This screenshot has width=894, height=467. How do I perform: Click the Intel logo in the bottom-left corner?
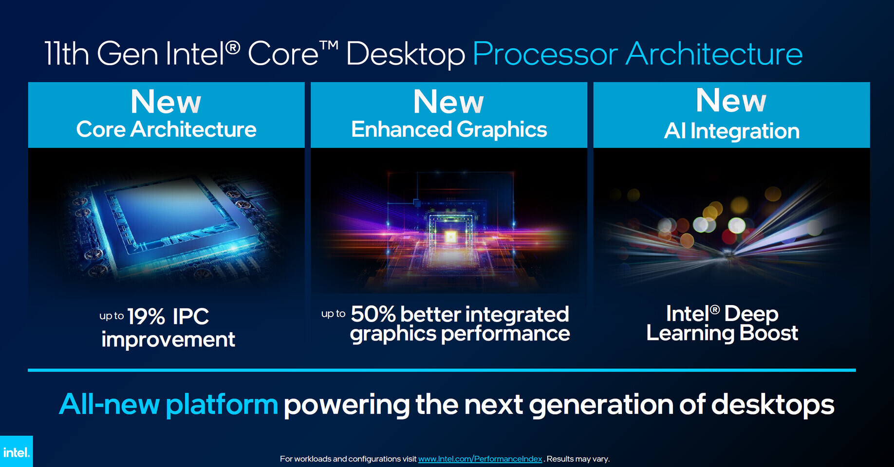click(x=16, y=451)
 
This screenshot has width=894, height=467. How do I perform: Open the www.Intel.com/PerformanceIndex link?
click(x=480, y=459)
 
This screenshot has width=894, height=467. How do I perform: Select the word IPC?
click(x=191, y=317)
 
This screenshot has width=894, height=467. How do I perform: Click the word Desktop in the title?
click(x=406, y=54)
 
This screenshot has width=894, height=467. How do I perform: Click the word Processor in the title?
click(x=545, y=54)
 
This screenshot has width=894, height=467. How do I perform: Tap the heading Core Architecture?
click(x=166, y=129)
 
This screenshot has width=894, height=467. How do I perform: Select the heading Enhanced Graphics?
click(x=449, y=130)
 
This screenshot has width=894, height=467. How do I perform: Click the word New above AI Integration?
click(x=731, y=100)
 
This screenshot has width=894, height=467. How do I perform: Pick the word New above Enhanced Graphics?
click(x=448, y=102)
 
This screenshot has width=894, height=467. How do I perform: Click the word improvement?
click(x=168, y=339)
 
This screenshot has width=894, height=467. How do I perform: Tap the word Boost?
click(x=768, y=333)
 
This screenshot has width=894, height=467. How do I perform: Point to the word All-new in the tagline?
click(x=110, y=404)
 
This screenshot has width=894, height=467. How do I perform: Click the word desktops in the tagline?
click(x=773, y=405)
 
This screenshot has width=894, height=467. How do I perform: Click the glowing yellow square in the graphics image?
click(x=451, y=237)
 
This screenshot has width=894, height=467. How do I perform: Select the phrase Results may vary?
click(x=578, y=459)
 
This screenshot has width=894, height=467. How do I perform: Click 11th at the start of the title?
click(x=67, y=54)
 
